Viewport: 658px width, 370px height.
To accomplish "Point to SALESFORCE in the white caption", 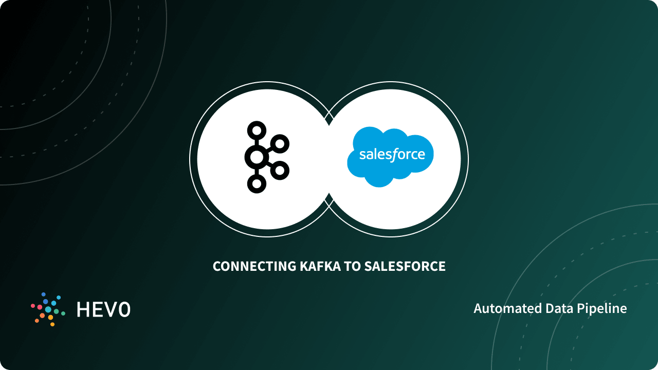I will click(x=405, y=266).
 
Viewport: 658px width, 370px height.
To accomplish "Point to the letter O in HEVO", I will click(x=123, y=309).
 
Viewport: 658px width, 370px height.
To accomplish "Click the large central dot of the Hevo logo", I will click(x=48, y=309).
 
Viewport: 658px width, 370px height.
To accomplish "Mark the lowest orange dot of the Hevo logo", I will click(x=52, y=324).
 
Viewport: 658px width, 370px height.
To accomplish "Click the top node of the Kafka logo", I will click(x=255, y=130).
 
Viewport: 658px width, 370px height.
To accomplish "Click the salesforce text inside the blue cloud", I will click(x=392, y=155).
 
